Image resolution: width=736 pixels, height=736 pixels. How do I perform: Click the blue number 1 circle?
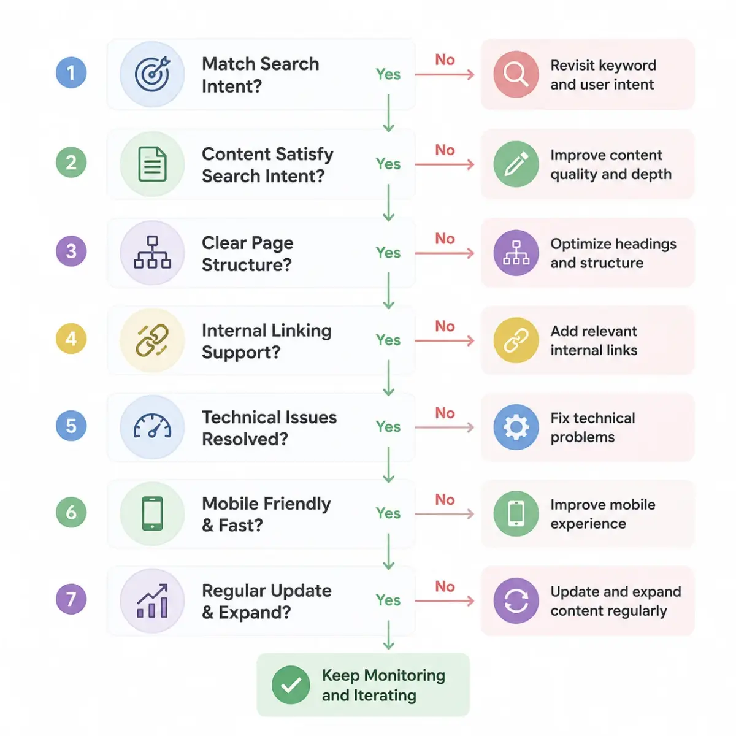click(71, 72)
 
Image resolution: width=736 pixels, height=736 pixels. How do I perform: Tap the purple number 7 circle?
click(71, 599)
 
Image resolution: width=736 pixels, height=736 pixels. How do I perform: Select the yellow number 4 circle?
click(71, 339)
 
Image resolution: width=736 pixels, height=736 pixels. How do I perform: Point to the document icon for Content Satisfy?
click(152, 164)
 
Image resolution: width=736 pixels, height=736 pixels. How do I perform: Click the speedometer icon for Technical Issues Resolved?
click(152, 426)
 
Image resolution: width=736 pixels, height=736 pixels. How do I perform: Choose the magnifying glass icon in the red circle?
click(516, 74)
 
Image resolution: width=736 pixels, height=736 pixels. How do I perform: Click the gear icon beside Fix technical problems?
click(516, 427)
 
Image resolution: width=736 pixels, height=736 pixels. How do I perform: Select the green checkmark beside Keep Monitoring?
click(291, 685)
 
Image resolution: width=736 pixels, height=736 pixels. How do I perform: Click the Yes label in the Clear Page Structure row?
click(388, 253)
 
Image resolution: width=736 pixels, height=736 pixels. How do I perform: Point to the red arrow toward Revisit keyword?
click(445, 74)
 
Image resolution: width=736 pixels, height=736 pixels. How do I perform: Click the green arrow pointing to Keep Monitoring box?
click(388, 635)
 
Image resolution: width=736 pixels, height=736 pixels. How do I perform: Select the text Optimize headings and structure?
click(613, 253)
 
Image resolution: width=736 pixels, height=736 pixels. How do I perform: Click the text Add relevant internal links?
click(594, 340)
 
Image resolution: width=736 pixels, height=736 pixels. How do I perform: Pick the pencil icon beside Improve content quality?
click(516, 164)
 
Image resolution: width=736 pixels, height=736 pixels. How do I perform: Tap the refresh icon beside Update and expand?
click(516, 601)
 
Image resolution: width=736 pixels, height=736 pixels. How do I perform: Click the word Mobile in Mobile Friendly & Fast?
click(232, 504)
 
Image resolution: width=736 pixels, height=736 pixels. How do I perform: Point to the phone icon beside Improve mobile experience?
click(516, 514)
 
